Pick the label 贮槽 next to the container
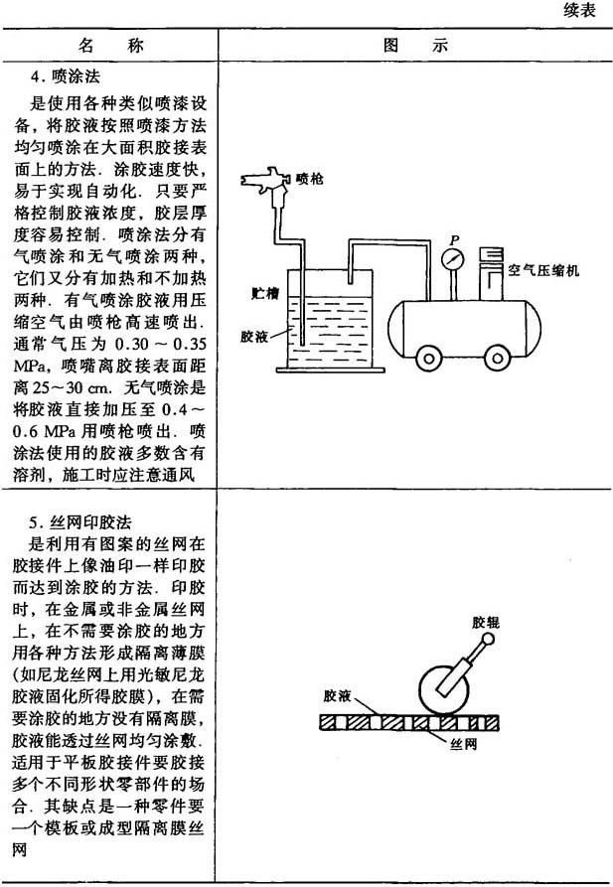263,295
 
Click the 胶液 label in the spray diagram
254,336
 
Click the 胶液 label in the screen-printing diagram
339,696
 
